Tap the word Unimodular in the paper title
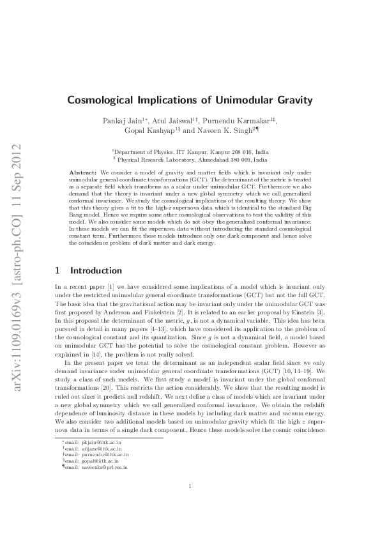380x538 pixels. tap(246, 100)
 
